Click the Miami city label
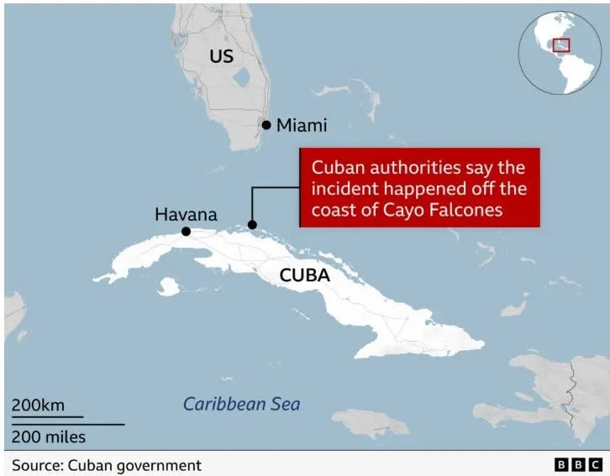pyautogui.click(x=301, y=125)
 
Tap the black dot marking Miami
pyautogui.click(x=266, y=125)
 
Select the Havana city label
pyautogui.click(x=186, y=215)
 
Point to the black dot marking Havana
pyautogui.click(x=186, y=232)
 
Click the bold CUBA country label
pyautogui.click(x=304, y=275)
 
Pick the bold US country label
pyautogui.click(x=221, y=56)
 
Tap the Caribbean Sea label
pyautogui.click(x=241, y=404)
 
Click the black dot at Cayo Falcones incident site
pyautogui.click(x=251, y=225)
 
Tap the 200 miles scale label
pyautogui.click(x=48, y=437)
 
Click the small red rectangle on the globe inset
pyautogui.click(x=561, y=44)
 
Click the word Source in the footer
pyautogui.click(x=36, y=464)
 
